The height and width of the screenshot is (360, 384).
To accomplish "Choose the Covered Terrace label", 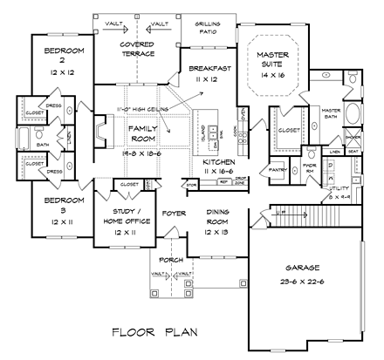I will [x=138, y=48].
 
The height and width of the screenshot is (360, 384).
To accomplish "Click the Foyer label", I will [x=175, y=211].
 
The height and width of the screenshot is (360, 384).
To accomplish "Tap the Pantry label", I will [x=278, y=170].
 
